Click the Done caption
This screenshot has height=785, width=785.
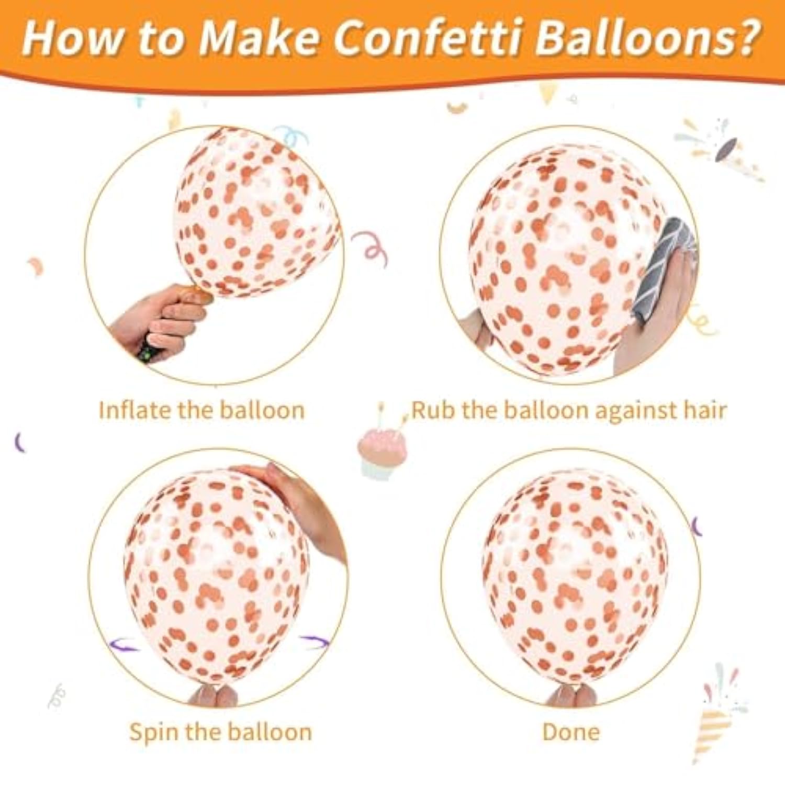(x=570, y=732)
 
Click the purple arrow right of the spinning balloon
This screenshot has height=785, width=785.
(x=314, y=642)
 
